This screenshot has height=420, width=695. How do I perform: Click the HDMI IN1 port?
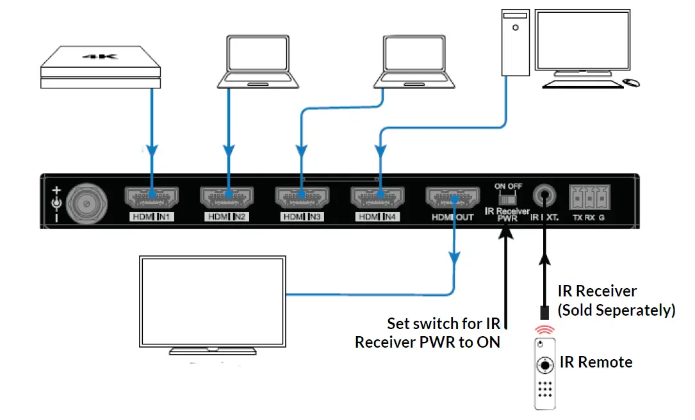pos(151,197)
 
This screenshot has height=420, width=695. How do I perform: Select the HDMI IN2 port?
pos(227,197)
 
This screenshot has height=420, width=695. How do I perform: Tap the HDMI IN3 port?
pos(302,197)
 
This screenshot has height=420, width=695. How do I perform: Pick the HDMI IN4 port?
pos(377,197)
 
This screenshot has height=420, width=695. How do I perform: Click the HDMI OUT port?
pos(453,197)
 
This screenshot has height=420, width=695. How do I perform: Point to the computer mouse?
pos(632,83)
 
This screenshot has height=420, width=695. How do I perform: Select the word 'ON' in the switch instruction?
pos(487,342)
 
